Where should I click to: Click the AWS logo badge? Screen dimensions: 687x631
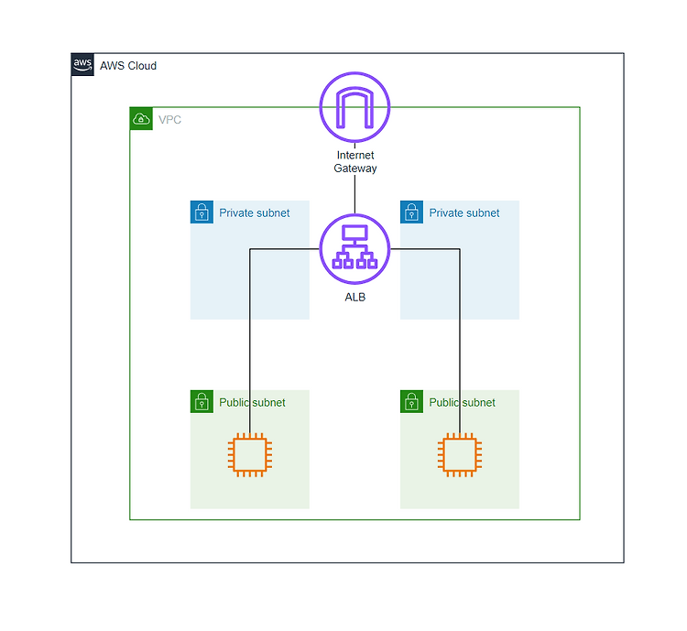(x=82, y=64)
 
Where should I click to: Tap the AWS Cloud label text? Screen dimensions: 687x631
(x=128, y=66)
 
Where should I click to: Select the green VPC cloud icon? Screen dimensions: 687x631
(x=141, y=119)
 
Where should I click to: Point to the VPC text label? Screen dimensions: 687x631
(x=169, y=120)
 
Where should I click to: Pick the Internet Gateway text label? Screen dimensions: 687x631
(x=355, y=162)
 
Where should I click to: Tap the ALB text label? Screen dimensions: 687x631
(x=354, y=297)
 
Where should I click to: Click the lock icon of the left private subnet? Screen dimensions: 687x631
(x=202, y=212)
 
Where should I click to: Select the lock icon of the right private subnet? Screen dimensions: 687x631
(x=411, y=212)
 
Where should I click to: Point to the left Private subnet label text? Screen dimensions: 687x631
(x=254, y=213)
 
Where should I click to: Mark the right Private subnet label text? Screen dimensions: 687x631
(x=464, y=213)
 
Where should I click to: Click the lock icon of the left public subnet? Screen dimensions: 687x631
(x=202, y=401)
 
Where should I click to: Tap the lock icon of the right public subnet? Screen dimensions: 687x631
(x=411, y=401)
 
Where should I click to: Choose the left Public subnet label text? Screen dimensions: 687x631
(x=252, y=402)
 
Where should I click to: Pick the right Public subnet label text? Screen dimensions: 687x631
(x=462, y=402)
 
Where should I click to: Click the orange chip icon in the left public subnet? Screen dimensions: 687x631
(x=250, y=455)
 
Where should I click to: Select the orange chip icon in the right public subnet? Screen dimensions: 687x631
(x=460, y=455)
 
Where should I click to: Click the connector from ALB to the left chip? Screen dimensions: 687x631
(x=250, y=306)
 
